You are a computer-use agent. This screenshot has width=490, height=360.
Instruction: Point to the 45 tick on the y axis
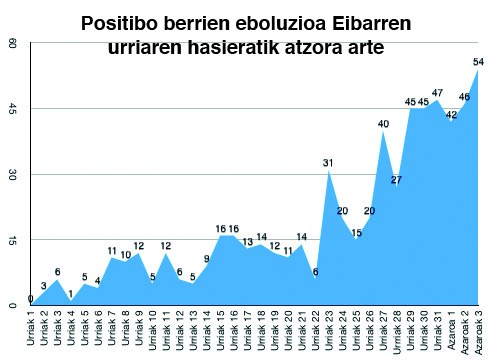click(x=11, y=109)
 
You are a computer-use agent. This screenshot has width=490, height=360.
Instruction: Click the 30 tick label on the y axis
click(x=11, y=175)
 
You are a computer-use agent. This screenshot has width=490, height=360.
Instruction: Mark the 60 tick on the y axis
click(x=11, y=44)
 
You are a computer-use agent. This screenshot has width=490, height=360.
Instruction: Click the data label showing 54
click(x=478, y=62)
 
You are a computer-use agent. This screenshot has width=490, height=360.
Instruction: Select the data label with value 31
click(x=328, y=162)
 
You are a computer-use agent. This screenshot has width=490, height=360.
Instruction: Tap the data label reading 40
click(x=383, y=123)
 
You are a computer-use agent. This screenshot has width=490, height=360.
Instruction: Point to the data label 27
click(x=396, y=180)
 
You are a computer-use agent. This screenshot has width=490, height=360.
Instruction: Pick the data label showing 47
click(x=437, y=93)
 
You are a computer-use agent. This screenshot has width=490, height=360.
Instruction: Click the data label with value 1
click(x=71, y=293)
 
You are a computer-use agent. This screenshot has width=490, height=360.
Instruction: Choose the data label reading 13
click(x=247, y=241)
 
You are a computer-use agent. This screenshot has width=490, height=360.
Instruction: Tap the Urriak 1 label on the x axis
click(x=31, y=331)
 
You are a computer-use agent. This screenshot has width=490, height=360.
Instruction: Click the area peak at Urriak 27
click(x=383, y=132)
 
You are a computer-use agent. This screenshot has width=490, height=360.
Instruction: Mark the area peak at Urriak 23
click(x=328, y=171)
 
